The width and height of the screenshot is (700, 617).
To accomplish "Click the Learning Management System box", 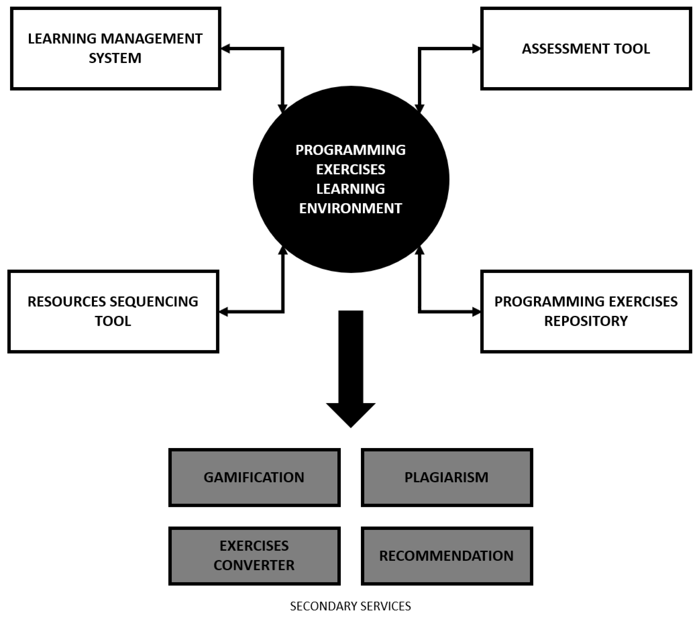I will tap(115, 49).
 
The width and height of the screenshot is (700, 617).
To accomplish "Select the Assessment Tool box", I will tap(586, 49).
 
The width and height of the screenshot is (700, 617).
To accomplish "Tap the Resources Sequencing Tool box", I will tap(113, 311).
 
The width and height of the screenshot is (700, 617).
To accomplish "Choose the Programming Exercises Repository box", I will tap(586, 311).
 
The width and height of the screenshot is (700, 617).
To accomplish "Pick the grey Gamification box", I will tap(254, 477).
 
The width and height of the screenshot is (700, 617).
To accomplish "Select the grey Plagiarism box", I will tap(447, 477).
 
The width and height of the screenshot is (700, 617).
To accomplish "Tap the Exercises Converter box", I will tap(254, 555).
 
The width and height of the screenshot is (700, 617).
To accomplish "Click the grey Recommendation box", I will tap(447, 555).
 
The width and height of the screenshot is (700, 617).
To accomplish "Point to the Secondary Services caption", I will tap(350, 606).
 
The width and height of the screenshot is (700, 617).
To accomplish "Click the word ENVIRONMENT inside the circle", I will tap(350, 208).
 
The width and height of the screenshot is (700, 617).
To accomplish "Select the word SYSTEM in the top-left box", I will tap(115, 58).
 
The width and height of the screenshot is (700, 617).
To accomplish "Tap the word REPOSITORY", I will tap(586, 321).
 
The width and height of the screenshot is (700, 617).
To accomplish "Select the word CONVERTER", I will tap(254, 565).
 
